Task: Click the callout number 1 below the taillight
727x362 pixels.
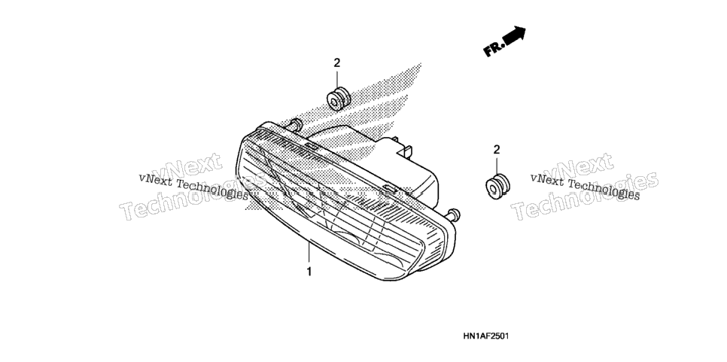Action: [x=309, y=272]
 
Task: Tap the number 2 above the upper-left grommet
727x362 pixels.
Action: [x=337, y=62]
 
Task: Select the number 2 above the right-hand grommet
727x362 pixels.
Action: [x=497, y=149]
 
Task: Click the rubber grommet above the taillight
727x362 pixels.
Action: [x=339, y=99]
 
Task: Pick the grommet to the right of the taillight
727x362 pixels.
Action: [x=497, y=186]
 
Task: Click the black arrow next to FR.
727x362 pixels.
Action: [x=514, y=35]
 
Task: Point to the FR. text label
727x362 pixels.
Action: [x=492, y=49]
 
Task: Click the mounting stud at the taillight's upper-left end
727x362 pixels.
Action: [x=295, y=124]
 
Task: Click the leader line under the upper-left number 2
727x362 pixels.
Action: [x=337, y=78]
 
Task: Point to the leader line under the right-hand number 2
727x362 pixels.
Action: [x=497, y=166]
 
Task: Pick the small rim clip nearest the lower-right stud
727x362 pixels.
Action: [x=390, y=189]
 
